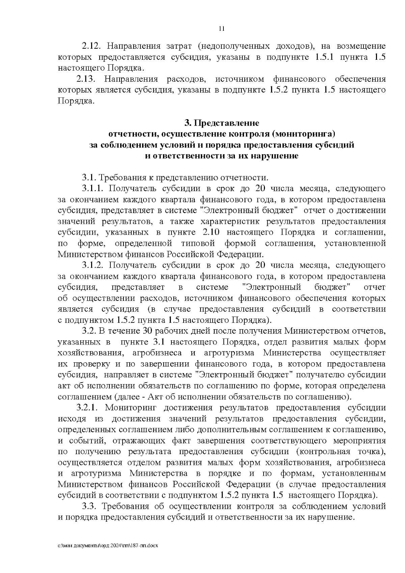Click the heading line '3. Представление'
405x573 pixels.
[x=222, y=122]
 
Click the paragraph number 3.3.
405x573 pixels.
[x=89, y=506]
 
